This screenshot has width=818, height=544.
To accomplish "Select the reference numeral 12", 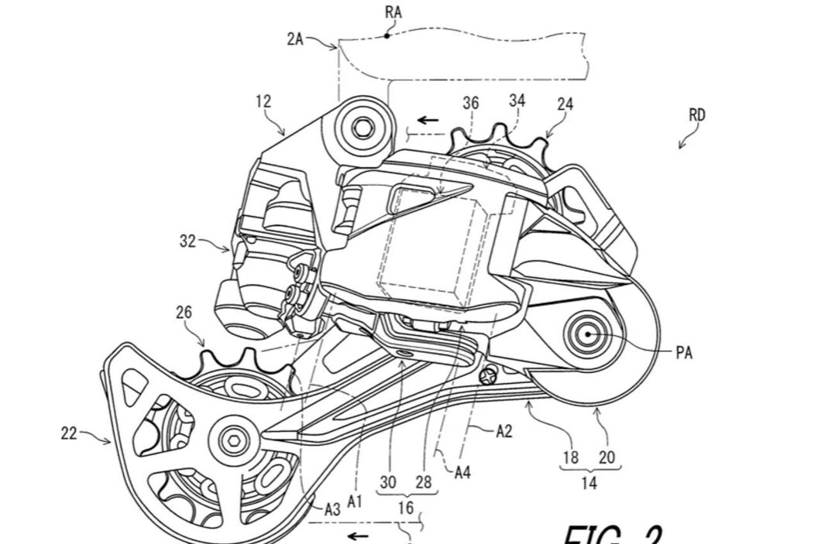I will tap(263, 101).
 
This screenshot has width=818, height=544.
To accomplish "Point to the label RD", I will tap(697, 115).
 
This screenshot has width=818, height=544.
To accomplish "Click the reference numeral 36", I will tap(471, 103).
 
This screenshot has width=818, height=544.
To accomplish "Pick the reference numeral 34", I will tap(517, 101).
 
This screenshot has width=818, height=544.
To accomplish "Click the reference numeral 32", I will tap(189, 241).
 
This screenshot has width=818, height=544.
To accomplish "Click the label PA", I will tap(683, 353).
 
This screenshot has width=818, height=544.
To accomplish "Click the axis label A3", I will tap(332, 508).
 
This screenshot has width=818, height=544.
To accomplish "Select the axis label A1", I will tap(356, 501).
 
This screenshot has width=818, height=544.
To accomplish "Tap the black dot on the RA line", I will tap(387, 35).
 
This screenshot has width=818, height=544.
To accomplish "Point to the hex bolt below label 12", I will tap(360, 125).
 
